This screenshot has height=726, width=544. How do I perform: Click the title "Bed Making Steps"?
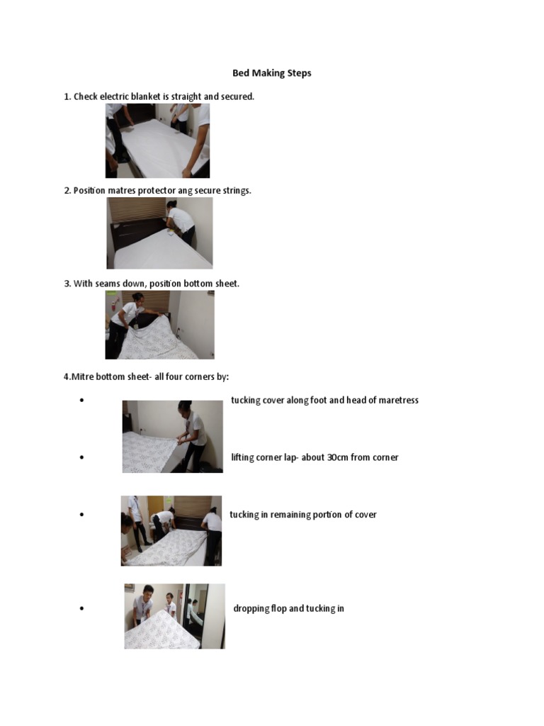(x=272, y=73)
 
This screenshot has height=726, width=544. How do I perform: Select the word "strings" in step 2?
(x=234, y=191)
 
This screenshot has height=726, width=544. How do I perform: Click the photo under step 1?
(x=157, y=140)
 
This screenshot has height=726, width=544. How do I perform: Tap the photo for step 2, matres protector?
(x=159, y=233)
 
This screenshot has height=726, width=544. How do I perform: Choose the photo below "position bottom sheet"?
(x=159, y=325)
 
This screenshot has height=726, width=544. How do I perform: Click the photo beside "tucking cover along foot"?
(x=172, y=436)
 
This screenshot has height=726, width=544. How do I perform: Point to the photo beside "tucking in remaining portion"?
(x=171, y=530)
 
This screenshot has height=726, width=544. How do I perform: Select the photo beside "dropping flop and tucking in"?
(x=174, y=616)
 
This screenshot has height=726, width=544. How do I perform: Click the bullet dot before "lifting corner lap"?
(x=83, y=458)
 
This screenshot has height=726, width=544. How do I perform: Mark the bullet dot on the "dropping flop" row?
(x=83, y=609)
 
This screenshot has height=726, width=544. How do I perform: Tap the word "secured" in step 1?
(x=236, y=96)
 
